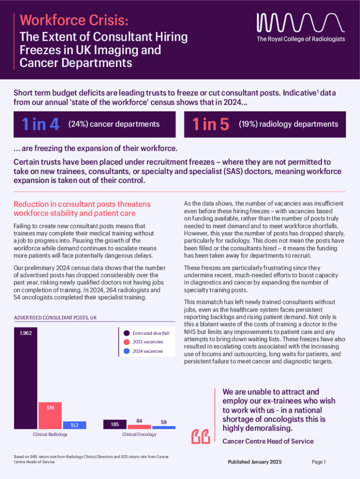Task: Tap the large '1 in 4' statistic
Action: pyautogui.click(x=41, y=124)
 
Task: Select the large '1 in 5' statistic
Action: pyautogui.click(x=211, y=124)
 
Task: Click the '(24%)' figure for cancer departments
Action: pyautogui.click(x=78, y=124)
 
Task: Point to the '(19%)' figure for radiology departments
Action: pyautogui.click(x=248, y=124)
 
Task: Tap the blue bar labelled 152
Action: pyautogui.click(x=74, y=425)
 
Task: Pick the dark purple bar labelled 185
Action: pyautogui.click(x=115, y=424)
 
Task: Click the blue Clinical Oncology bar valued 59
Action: pyautogui.click(x=164, y=428)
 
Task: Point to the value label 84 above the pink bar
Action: pyautogui.click(x=139, y=421)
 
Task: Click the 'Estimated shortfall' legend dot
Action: pyautogui.click(x=126, y=333)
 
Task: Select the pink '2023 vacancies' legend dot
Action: pyautogui.click(x=126, y=342)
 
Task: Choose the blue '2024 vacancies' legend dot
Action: pyautogui.click(x=126, y=351)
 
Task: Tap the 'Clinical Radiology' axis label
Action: pyautogui.click(x=50, y=435)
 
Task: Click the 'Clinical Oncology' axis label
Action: pyautogui.click(x=139, y=435)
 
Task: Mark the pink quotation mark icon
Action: pyautogui.click(x=201, y=436)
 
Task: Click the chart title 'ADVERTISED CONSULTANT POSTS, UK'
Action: pyautogui.click(x=55, y=318)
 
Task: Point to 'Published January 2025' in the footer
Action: pyautogui.click(x=255, y=462)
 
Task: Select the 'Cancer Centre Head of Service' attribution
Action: pyautogui.click(x=268, y=441)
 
